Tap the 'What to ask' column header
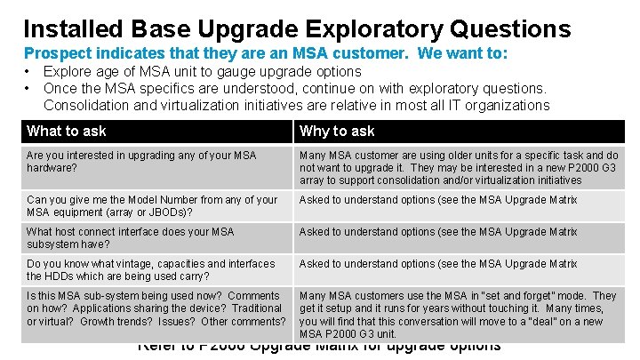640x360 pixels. [67, 132]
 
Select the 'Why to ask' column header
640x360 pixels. [337, 132]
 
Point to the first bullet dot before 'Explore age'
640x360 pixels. [28, 71]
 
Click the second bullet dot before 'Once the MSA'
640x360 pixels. [28, 88]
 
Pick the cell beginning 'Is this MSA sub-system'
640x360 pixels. [156, 308]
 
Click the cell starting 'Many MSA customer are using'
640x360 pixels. [459, 167]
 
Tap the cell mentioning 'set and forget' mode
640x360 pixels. [458, 314]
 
